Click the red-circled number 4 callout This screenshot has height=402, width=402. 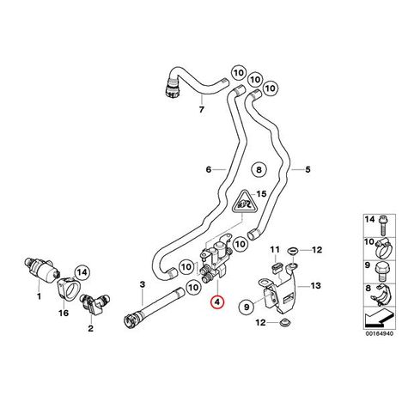click(x=217, y=301)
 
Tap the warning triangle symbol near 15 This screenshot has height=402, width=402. click(x=243, y=202)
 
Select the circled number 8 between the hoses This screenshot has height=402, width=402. click(x=259, y=170)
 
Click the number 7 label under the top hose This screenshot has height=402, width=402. click(x=202, y=109)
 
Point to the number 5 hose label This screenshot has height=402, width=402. click(x=308, y=169)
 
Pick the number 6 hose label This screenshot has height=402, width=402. click(x=209, y=169)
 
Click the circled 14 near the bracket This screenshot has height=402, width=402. click(x=82, y=271)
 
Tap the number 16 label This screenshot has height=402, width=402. click(x=64, y=313)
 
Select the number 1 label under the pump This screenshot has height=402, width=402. click(x=40, y=296)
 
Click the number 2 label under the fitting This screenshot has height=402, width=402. click(x=90, y=328)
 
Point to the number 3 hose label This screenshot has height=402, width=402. click(x=143, y=284)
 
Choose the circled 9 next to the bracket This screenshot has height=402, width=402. click(x=247, y=307)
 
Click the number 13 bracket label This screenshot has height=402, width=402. click(x=315, y=285)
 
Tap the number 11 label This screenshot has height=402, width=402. click(x=275, y=250)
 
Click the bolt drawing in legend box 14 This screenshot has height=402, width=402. click(x=381, y=225)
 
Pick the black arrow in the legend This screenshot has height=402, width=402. click(x=379, y=319)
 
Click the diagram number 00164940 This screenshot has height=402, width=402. click(x=380, y=333)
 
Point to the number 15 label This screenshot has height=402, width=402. click(x=261, y=194)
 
